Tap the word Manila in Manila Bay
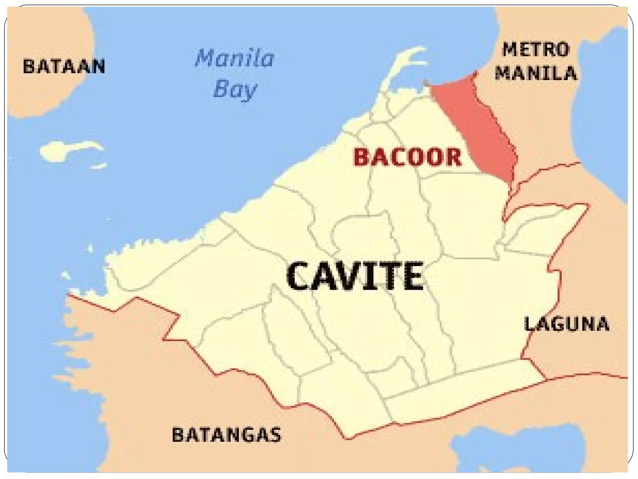pos(235,58)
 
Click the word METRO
pos(536,50)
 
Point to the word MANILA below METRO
pos(536,73)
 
